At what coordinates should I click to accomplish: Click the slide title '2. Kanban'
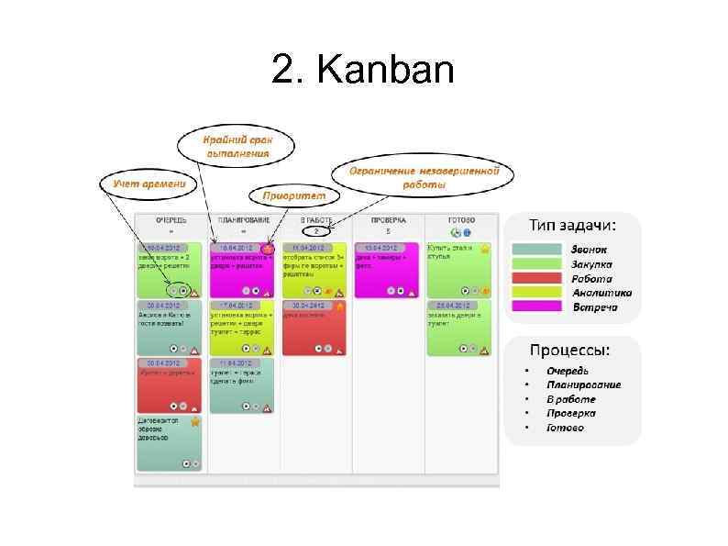tap(363, 70)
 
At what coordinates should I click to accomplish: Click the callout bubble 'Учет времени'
tap(149, 184)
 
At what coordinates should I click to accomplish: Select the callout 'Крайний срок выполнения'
tap(237, 146)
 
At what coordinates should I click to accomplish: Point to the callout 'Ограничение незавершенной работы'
tap(424, 177)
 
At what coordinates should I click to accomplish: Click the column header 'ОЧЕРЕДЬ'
tap(171, 221)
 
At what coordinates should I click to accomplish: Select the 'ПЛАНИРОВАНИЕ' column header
tap(242, 221)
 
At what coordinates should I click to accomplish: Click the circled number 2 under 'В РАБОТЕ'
tap(315, 231)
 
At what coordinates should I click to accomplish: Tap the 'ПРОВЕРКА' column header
tap(388, 221)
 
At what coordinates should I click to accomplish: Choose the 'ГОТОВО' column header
tap(460, 221)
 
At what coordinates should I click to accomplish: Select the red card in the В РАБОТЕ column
tap(314, 328)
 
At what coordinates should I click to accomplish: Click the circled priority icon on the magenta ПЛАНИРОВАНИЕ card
tap(268, 248)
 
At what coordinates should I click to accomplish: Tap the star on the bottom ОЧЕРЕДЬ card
tap(195, 422)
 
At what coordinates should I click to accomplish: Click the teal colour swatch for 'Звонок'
tap(535, 250)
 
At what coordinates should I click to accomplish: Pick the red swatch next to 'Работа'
tap(535, 278)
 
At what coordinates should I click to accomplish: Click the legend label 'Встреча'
tap(595, 306)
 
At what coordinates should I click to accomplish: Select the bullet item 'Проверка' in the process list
tap(571, 413)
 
